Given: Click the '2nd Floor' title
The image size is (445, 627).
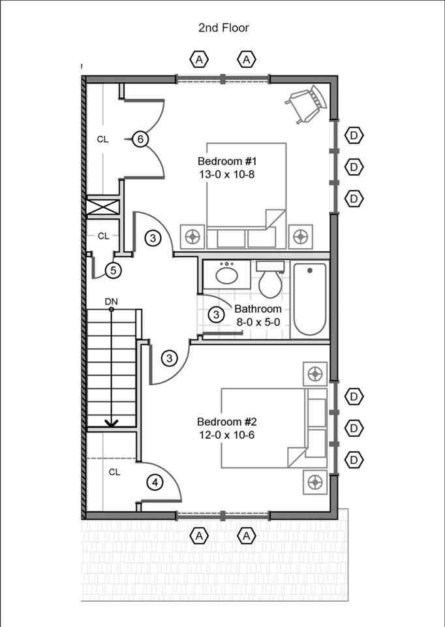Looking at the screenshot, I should (x=223, y=27).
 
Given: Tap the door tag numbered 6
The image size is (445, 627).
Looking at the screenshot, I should (x=140, y=139).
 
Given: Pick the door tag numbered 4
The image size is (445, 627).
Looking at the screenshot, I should (x=155, y=483).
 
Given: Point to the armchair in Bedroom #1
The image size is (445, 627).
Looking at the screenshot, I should (x=306, y=103).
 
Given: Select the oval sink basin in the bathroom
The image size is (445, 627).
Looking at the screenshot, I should (x=227, y=274).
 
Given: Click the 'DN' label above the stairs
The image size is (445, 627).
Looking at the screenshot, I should (x=111, y=301).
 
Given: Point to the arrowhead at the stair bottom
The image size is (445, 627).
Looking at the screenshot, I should (x=112, y=423).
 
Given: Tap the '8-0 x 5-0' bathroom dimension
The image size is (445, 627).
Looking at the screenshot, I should (x=258, y=321).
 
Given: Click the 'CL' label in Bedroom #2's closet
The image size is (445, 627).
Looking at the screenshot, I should (x=114, y=472).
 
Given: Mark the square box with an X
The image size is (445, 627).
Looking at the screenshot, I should (x=104, y=207).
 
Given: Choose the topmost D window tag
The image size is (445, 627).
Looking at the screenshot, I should (x=354, y=135).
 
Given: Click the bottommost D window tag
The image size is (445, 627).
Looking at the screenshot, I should (x=354, y=460).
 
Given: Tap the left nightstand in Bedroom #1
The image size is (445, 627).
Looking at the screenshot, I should (x=193, y=236).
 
